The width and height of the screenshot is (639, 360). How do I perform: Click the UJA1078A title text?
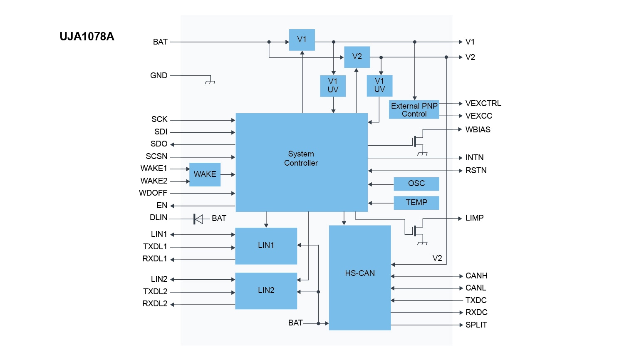point(87,37)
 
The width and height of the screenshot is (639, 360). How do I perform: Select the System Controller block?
point(301,162)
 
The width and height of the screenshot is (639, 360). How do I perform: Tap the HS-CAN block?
point(360,277)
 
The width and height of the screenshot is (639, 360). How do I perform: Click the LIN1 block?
point(266,246)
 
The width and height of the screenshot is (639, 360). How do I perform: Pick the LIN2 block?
point(266,290)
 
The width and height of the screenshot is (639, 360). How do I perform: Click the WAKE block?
point(205,174)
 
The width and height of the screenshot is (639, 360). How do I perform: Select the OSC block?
point(416,184)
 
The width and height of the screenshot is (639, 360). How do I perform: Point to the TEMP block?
point(416,203)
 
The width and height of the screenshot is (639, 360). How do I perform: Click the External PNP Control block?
point(414,110)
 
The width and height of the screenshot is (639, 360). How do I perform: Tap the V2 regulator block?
point(357,57)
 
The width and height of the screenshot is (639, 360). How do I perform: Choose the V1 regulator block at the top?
point(302,40)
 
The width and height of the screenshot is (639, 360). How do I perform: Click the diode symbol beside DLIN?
point(198,219)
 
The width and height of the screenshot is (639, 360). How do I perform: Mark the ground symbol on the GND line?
point(210,81)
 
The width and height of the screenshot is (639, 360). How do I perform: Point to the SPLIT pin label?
point(476,325)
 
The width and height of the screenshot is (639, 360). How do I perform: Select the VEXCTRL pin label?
point(483,104)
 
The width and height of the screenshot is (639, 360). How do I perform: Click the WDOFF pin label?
point(153,193)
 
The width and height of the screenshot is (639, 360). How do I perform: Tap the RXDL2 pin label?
point(155,304)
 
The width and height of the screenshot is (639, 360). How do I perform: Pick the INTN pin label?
point(474,158)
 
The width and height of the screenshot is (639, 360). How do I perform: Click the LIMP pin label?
point(474,218)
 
